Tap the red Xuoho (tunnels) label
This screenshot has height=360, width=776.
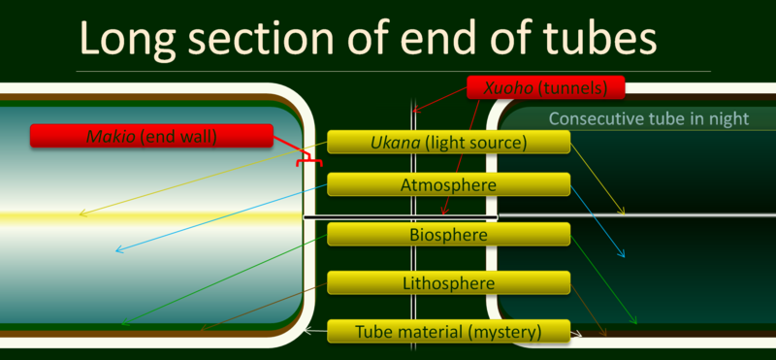coord(545,87)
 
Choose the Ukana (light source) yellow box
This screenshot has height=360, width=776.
coord(447,143)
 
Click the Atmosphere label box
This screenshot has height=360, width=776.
coord(447,184)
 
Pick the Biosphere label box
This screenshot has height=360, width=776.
coord(447,234)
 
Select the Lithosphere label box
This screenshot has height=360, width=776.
coord(447,283)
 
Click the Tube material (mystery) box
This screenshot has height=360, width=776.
coord(447,331)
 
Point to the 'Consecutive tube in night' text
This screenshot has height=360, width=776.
coord(648,118)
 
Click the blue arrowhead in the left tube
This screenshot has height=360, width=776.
coord(119,250)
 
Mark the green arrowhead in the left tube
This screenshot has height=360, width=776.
coord(125,322)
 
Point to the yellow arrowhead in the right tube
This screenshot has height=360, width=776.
coord(622,211)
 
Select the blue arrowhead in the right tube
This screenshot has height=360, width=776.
coord(622,254)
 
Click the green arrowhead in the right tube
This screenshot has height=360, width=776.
coord(635,322)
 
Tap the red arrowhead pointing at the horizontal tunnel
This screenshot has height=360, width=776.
coord(442,212)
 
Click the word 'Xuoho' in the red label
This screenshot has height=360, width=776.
coord(492,87)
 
